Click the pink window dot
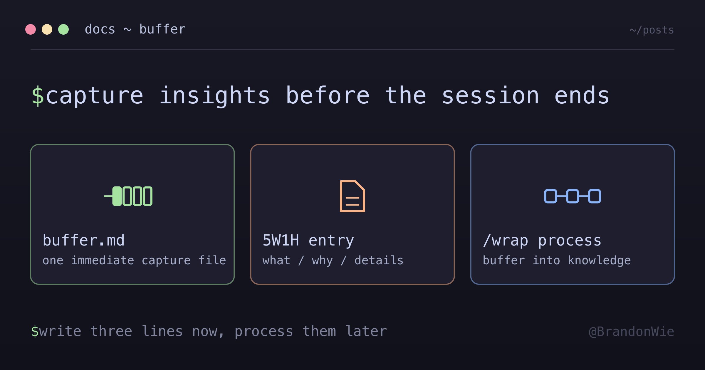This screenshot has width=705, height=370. (x=31, y=29)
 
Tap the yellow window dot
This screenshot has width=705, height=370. (x=47, y=29)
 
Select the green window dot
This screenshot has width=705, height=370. (x=63, y=29)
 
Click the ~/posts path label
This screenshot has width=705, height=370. (x=652, y=30)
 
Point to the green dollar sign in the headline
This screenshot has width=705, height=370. (x=38, y=96)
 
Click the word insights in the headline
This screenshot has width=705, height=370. (x=214, y=96)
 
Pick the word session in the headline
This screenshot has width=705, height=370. (x=491, y=96)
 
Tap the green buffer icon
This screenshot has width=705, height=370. (x=128, y=196)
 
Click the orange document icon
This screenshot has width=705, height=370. (x=352, y=196)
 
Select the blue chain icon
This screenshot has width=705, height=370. (x=573, y=196)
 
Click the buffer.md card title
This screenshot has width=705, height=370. (x=84, y=240)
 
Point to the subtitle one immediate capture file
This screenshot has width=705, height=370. (x=134, y=260)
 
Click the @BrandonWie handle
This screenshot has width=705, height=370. (x=632, y=332)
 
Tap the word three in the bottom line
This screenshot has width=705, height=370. (x=111, y=331)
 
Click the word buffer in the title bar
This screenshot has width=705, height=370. (x=162, y=29)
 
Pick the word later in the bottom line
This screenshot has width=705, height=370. (x=366, y=331)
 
